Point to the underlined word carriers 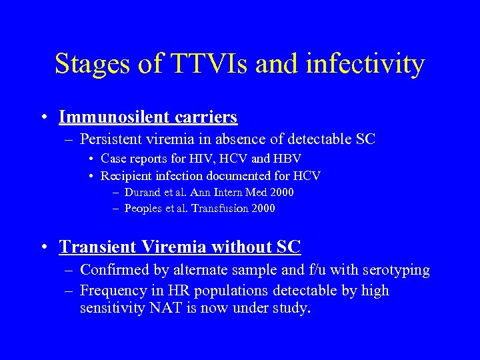point(207,117)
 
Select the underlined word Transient point(97,247)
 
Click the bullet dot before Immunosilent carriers point(43,118)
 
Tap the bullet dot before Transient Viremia point(43,247)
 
